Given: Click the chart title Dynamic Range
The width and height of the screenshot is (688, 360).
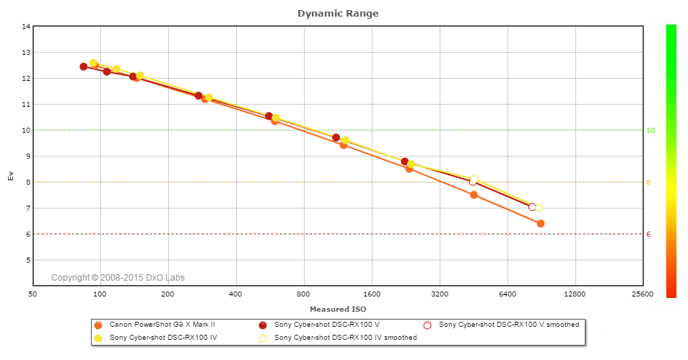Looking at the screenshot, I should [338, 13].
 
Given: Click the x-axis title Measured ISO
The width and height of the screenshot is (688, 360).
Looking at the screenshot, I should [338, 309].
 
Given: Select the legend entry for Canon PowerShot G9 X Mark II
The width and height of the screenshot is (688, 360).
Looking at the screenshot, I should [162, 325].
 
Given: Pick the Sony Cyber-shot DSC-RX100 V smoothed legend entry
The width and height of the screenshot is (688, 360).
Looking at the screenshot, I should [508, 325].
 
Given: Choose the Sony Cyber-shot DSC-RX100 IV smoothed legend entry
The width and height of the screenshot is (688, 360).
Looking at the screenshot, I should [345, 337].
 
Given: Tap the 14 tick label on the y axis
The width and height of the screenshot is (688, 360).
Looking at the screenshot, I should [27, 27].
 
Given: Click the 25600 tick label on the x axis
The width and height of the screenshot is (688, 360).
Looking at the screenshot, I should [642, 294].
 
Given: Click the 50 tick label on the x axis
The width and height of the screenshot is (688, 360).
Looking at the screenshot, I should [32, 294].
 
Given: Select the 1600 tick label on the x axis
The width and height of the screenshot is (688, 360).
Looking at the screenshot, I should [372, 294].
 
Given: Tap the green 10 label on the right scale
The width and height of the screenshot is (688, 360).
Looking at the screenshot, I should [650, 130].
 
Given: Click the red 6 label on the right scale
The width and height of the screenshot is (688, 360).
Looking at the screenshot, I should [648, 234].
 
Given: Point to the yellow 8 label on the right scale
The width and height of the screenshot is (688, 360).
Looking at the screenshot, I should [648, 182].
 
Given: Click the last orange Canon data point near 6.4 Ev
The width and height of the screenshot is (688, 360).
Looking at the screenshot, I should [540, 224].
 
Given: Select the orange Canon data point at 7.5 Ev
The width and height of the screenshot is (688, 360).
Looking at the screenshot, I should [474, 195].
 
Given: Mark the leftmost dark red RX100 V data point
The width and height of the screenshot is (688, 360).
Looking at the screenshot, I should [84, 66].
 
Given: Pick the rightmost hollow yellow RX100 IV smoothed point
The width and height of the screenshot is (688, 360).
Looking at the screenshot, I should [539, 208].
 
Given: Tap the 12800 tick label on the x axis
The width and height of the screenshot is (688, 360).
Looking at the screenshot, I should [575, 294].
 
